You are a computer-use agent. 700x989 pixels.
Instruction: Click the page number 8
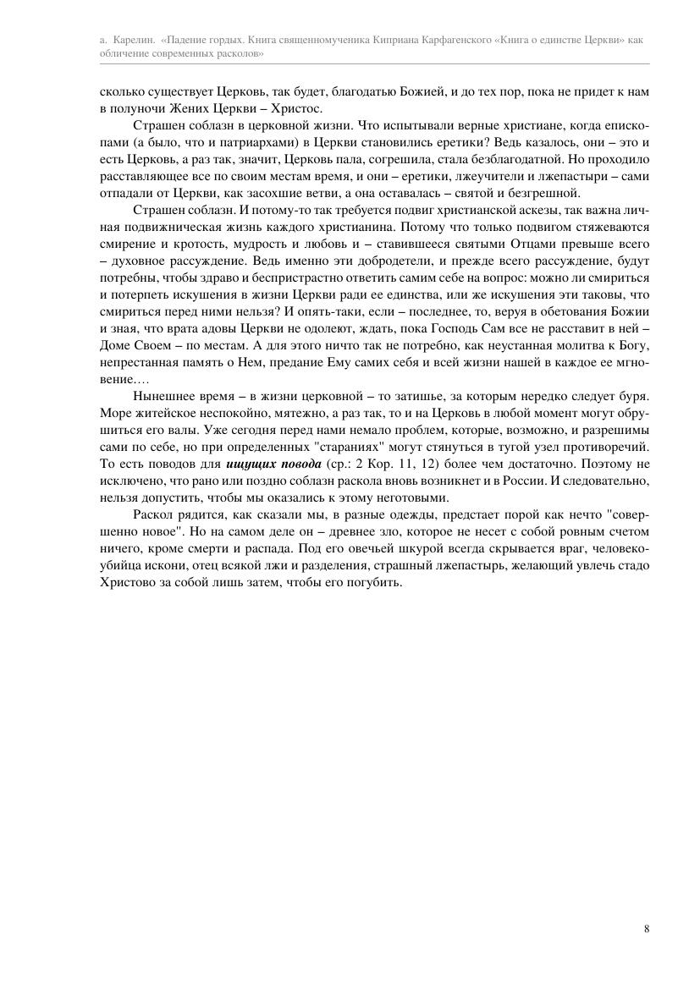point(647,929)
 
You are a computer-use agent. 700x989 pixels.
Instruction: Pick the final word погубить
point(375,582)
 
